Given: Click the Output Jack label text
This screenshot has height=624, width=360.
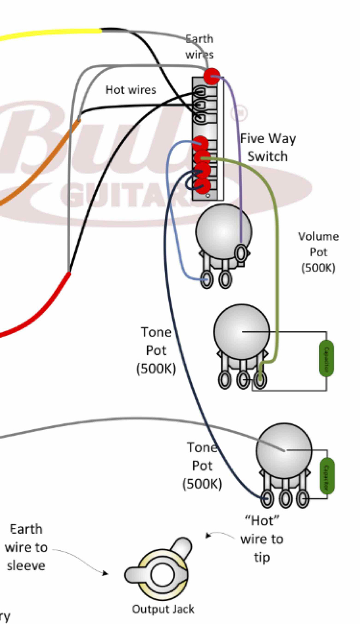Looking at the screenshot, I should point(163,609).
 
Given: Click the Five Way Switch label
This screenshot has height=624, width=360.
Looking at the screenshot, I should point(268,147).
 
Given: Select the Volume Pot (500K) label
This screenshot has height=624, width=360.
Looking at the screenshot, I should point(318,252).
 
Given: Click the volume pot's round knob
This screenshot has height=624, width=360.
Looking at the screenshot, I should point(223,231).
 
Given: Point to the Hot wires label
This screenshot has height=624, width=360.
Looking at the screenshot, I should point(131,90).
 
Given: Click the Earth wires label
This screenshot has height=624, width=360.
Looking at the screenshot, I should point(199,47).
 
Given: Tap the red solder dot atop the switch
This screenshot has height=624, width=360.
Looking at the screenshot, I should point(211,76).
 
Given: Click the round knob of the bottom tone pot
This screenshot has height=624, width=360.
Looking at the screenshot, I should point(284,450).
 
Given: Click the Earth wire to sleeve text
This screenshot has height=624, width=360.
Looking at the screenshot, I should point(26,547).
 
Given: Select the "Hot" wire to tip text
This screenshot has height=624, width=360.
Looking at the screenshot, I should point(262,539).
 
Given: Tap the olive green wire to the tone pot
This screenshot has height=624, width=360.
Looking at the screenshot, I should point(276,250).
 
